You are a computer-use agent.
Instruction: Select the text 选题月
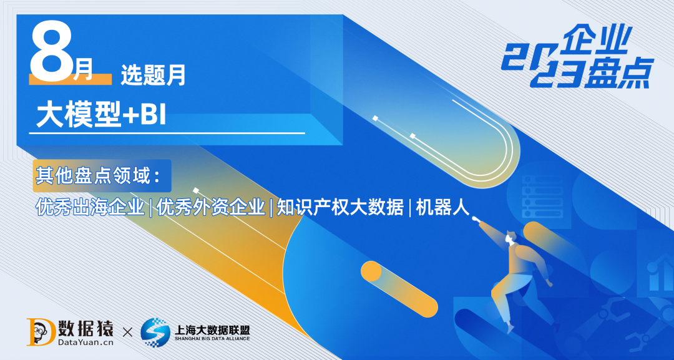[153, 76]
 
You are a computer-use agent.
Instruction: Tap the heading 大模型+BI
[102, 115]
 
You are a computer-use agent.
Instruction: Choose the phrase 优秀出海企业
[91, 207]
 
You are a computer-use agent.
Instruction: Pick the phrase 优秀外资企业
[211, 207]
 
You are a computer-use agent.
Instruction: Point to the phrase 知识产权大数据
[340, 207]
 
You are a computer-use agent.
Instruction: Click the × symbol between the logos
[127, 332]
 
